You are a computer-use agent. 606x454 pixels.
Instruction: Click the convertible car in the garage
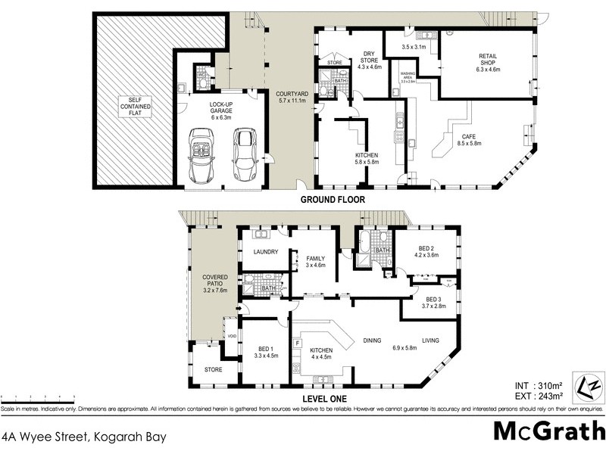pyautogui.click(x=201, y=154)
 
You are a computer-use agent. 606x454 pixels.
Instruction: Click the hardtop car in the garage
pyautogui.click(x=244, y=154)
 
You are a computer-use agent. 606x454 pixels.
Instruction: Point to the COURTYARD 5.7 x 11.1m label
pyautogui.click(x=289, y=96)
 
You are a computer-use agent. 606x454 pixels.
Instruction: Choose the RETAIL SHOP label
pyautogui.click(x=488, y=63)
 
